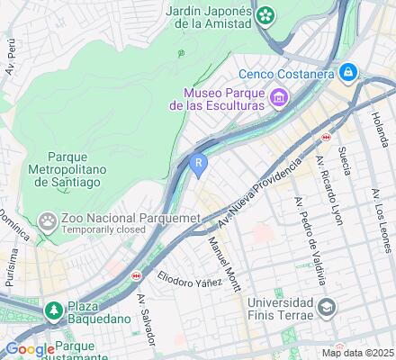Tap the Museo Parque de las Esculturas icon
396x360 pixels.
pos(279,97)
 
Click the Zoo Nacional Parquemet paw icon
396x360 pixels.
pos(46,220)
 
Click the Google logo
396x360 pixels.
pos(30,349)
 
